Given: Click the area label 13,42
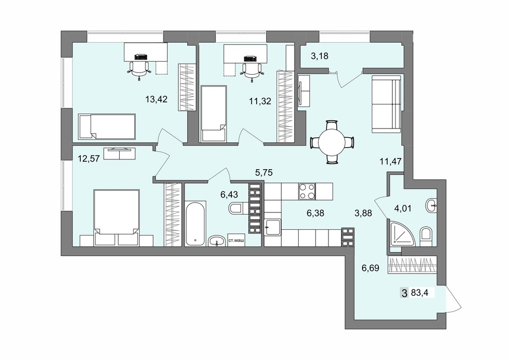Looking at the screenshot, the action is [156, 99].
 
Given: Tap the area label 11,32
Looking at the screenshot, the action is [260, 101].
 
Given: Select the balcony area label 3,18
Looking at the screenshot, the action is [319, 56].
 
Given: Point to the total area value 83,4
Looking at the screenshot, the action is [420, 293].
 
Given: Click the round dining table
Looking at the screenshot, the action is [332, 142].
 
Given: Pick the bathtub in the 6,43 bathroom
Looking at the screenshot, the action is [195, 223].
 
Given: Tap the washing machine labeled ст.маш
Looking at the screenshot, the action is [237, 241].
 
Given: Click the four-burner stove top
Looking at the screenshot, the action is [307, 191].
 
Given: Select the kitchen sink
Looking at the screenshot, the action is [272, 227].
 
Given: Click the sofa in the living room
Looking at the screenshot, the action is [386, 104].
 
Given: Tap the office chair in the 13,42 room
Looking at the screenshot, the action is [139, 69].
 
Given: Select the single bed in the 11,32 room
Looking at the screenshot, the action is [213, 114].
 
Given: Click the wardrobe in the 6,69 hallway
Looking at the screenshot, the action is [411, 265].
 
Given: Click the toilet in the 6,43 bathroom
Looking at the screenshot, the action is [237, 208].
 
